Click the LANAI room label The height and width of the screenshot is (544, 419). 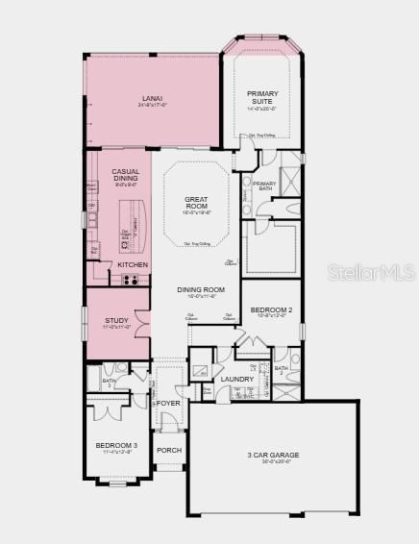tap(151, 98)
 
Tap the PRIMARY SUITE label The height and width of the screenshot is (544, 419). tap(261, 97)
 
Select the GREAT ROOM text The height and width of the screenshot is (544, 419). tap(196, 203)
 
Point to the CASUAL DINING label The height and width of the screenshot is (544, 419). tap(126, 175)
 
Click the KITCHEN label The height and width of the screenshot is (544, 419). tap(133, 263)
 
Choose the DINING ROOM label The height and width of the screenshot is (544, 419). tap(201, 289)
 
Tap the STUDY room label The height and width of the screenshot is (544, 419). tap(116, 320)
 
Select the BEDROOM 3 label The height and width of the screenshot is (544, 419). tap(115, 445)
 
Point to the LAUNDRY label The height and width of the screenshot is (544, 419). tap(236, 379)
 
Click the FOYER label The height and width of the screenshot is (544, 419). tap(169, 403)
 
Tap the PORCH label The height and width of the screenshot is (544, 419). tap(169, 450)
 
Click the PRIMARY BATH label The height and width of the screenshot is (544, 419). tap(264, 186)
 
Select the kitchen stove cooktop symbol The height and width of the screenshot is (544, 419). tap(131, 280)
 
